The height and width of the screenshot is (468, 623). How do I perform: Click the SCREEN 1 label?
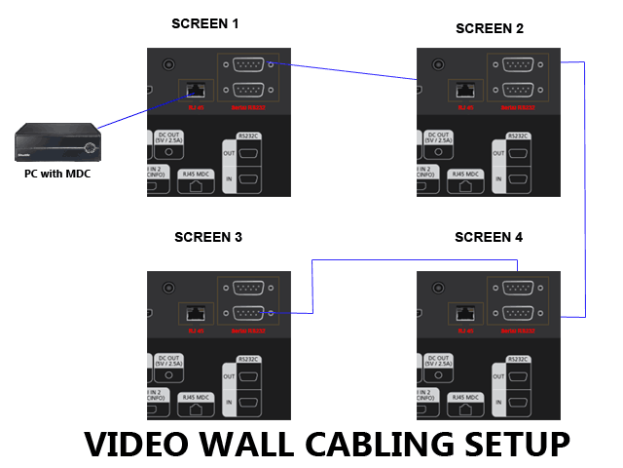(x=204, y=22)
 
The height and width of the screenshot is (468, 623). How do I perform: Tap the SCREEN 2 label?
(x=490, y=28)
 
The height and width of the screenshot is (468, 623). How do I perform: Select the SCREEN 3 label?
(x=208, y=237)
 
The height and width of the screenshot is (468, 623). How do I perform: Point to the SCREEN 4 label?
(x=489, y=237)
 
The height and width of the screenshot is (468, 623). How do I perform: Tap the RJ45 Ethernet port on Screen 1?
(x=194, y=89)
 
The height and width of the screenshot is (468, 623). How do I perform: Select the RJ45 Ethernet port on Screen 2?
(x=463, y=89)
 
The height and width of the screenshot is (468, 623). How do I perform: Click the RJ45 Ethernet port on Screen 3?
(x=194, y=313)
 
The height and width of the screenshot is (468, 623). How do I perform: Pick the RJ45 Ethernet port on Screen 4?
(x=463, y=313)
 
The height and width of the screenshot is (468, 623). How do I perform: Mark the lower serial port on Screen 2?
(x=517, y=89)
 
